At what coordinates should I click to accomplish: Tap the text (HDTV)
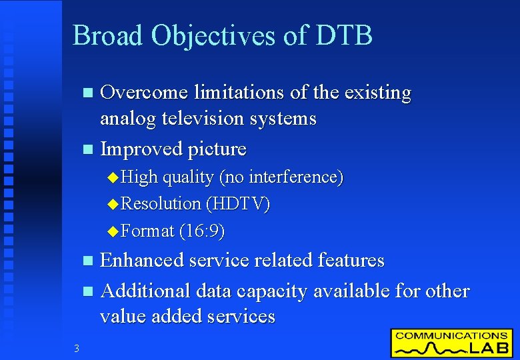pyautogui.click(x=238, y=204)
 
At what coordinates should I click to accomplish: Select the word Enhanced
pyautogui.click(x=141, y=260)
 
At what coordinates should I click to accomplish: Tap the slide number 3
pyautogui.click(x=77, y=348)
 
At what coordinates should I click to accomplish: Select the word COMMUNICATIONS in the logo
pyautogui.click(x=451, y=335)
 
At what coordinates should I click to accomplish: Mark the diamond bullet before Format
pyautogui.click(x=112, y=232)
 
